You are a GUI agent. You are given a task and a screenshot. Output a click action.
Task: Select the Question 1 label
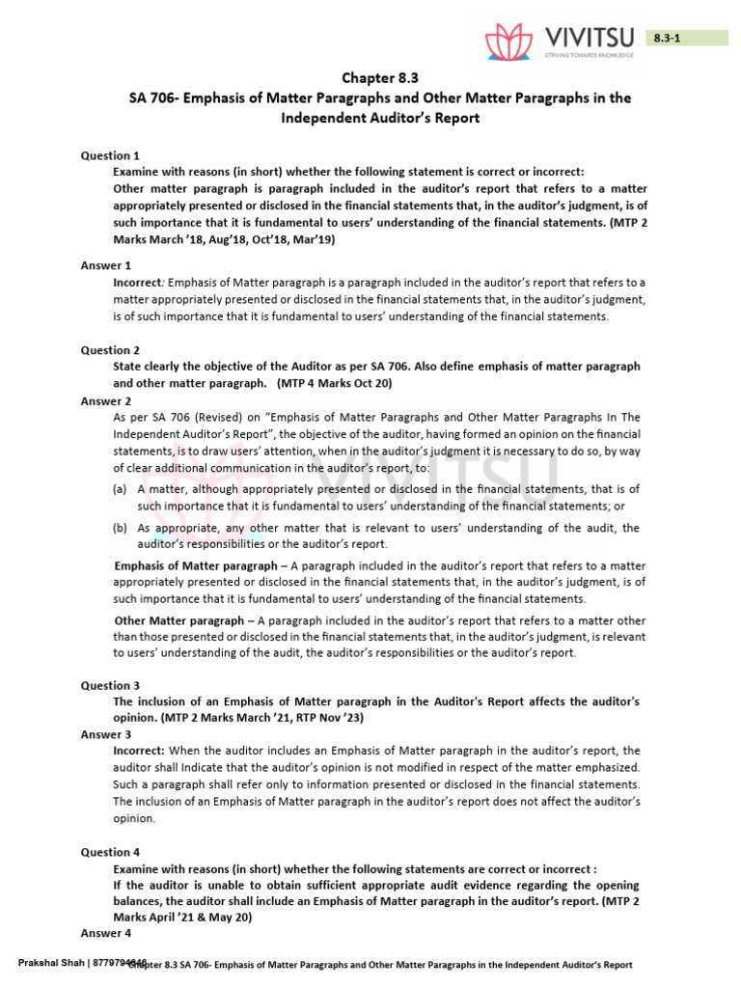[x=110, y=155]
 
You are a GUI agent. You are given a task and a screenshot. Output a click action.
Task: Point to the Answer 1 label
[x=106, y=265]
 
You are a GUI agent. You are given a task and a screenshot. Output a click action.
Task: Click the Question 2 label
[x=110, y=350]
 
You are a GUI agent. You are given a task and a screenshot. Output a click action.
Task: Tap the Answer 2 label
[x=106, y=401]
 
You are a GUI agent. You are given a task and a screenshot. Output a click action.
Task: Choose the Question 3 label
[x=110, y=685]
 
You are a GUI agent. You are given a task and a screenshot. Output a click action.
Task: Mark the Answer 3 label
[x=106, y=734]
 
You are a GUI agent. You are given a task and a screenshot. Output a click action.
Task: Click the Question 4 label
[x=110, y=852]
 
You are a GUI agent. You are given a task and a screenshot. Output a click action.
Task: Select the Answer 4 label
[x=106, y=934]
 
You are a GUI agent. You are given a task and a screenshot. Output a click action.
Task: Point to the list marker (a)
[x=121, y=489]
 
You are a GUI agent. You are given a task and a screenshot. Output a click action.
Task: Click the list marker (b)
[x=121, y=528]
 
